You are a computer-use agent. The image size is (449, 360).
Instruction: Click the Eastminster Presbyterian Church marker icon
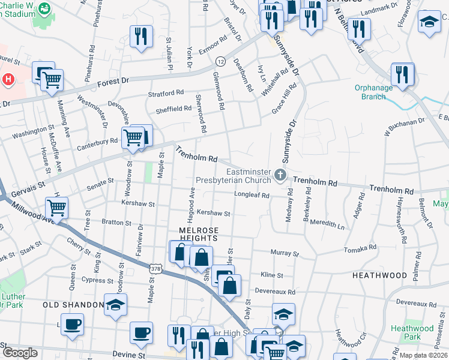pos(279,175)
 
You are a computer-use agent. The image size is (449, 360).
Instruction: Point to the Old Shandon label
pos(74,305)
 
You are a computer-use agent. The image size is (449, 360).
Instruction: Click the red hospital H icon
pos(8,79)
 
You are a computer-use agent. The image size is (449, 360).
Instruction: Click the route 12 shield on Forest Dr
pos(221,62)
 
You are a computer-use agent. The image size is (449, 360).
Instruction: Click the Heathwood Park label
pos(411,332)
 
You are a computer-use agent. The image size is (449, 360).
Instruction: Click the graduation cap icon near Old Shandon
pos(116,304)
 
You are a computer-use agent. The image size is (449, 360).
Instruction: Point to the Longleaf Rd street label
pos(252,195)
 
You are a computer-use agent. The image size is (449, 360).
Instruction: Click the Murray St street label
pos(285,253)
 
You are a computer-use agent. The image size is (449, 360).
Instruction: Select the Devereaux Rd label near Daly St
pos(275,292)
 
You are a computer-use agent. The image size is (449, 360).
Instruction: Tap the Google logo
pos(20,353)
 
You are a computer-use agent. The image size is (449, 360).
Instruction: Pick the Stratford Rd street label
pos(166,94)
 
